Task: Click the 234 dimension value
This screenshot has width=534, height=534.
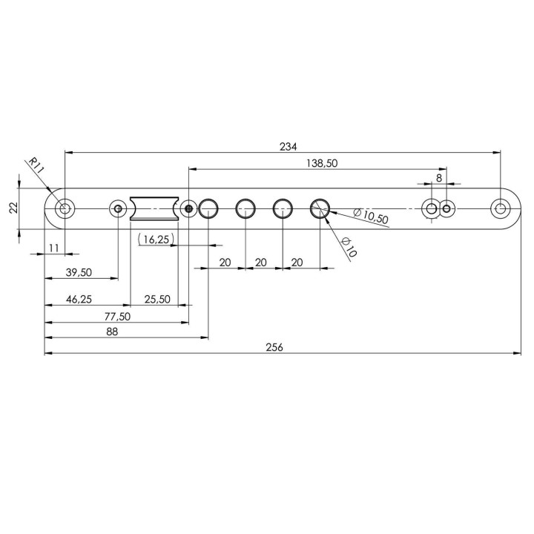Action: pyautogui.click(x=288, y=147)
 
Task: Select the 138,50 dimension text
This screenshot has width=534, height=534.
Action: pyautogui.click(x=322, y=163)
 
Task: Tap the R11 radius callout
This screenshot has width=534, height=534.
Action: pyautogui.click(x=36, y=165)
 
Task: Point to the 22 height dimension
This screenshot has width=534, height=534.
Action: pyautogui.click(x=13, y=208)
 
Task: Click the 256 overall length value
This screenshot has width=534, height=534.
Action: pyautogui.click(x=274, y=347)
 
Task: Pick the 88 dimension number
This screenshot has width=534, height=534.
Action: pyautogui.click(x=112, y=332)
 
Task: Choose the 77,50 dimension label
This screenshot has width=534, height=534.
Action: pyautogui.click(x=117, y=317)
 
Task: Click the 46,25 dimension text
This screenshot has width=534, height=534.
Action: pyautogui.click(x=79, y=300)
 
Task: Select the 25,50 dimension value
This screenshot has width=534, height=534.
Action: pyautogui.click(x=157, y=300)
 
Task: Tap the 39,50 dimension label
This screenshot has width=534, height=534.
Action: pyautogui.click(x=79, y=272)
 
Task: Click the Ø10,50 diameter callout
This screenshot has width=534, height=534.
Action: pyautogui.click(x=371, y=217)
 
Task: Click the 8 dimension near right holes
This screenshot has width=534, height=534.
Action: pyautogui.click(x=439, y=178)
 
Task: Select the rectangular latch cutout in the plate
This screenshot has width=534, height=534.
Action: pyautogui.click(x=154, y=208)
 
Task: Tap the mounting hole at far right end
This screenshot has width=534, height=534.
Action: pyautogui.click(x=501, y=208)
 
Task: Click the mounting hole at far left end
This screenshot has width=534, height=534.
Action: pyautogui.click(x=65, y=208)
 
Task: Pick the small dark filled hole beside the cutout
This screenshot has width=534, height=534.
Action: pyautogui.click(x=188, y=208)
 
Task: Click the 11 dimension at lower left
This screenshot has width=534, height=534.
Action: pyautogui.click(x=54, y=248)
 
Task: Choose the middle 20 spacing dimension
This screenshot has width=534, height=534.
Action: pyautogui.click(x=261, y=263)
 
